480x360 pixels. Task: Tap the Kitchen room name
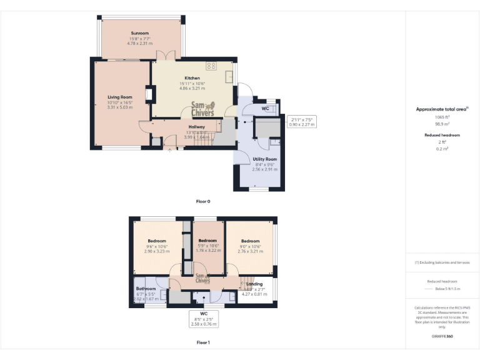[x=192, y=78]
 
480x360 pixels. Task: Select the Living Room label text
[x=120, y=97]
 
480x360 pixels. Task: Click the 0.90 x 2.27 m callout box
[x=302, y=121]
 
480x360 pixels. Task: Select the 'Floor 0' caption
[x=203, y=201]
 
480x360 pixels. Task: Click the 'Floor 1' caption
[x=203, y=342]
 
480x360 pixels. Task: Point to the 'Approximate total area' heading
[x=441, y=109]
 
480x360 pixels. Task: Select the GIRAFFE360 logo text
[x=442, y=337]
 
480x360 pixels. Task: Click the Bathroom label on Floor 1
[x=146, y=289]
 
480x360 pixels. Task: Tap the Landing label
[x=254, y=284]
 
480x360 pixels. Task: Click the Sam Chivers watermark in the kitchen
[x=202, y=109]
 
